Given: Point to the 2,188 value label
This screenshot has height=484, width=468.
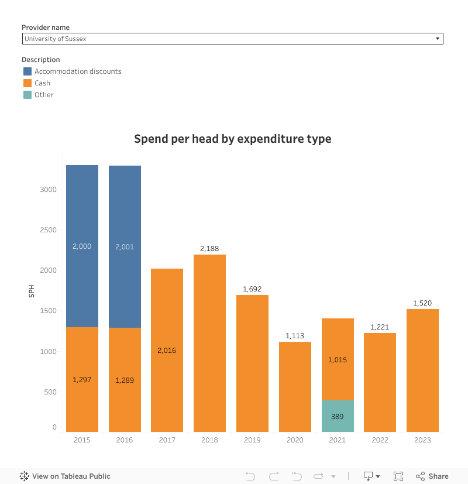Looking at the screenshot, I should (x=209, y=249).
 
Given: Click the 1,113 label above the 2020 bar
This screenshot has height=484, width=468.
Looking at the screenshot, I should (x=295, y=336).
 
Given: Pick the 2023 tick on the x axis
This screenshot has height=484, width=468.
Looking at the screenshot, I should (x=422, y=440).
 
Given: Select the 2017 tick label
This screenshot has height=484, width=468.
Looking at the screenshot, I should (x=167, y=440).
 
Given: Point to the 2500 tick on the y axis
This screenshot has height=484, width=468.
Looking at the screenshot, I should (x=48, y=230).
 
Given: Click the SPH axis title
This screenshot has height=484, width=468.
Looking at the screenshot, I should (x=32, y=291).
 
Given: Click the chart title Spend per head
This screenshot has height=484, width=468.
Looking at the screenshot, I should (x=233, y=139).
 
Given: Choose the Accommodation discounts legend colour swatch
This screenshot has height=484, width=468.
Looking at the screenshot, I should (x=27, y=71).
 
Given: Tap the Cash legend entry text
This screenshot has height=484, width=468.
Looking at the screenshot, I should (x=42, y=83).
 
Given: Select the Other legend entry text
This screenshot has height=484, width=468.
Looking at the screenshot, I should (x=44, y=95).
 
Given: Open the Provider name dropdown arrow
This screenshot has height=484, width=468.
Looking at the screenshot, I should (x=438, y=39).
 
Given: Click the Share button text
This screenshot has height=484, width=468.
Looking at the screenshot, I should (x=438, y=476).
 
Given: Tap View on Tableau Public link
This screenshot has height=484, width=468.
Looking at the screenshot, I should (x=71, y=476).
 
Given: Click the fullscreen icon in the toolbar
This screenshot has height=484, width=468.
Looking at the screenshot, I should (x=398, y=476).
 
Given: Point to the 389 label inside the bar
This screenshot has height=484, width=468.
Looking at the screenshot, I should (x=338, y=417).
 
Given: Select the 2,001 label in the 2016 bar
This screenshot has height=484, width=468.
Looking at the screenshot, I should (x=125, y=247).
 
